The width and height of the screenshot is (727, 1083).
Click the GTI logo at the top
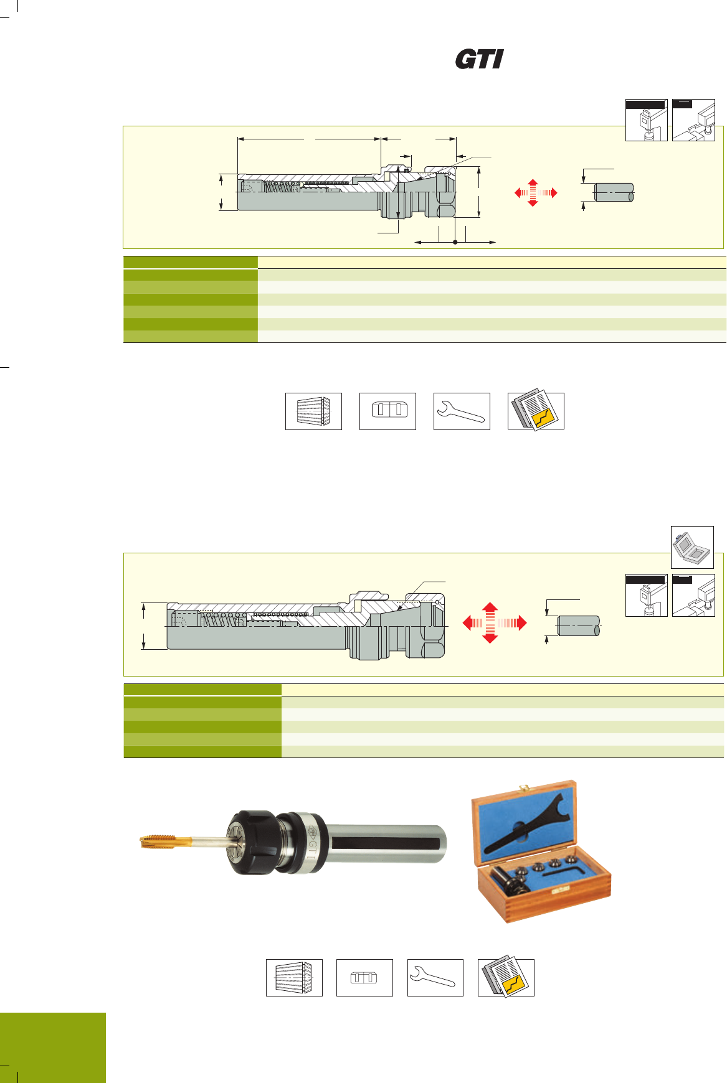pos(479,59)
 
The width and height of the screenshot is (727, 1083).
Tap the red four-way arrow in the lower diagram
pos(495,622)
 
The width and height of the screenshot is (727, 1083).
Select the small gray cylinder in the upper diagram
pos(614,192)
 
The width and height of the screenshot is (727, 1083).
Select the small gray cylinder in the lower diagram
pos(579,626)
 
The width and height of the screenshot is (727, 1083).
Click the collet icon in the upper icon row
pos(313,411)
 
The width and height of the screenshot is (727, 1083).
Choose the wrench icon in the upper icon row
pos(462,411)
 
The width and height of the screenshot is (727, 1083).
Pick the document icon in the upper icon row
pos(536,411)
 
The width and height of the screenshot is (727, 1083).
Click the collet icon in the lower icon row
pos(294,978)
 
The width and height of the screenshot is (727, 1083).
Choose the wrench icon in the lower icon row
pos(435,978)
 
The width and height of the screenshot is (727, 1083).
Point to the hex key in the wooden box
pos(564,869)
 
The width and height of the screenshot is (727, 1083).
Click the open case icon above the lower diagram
pos(692,547)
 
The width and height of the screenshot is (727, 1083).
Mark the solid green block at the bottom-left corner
pos(53,1048)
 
